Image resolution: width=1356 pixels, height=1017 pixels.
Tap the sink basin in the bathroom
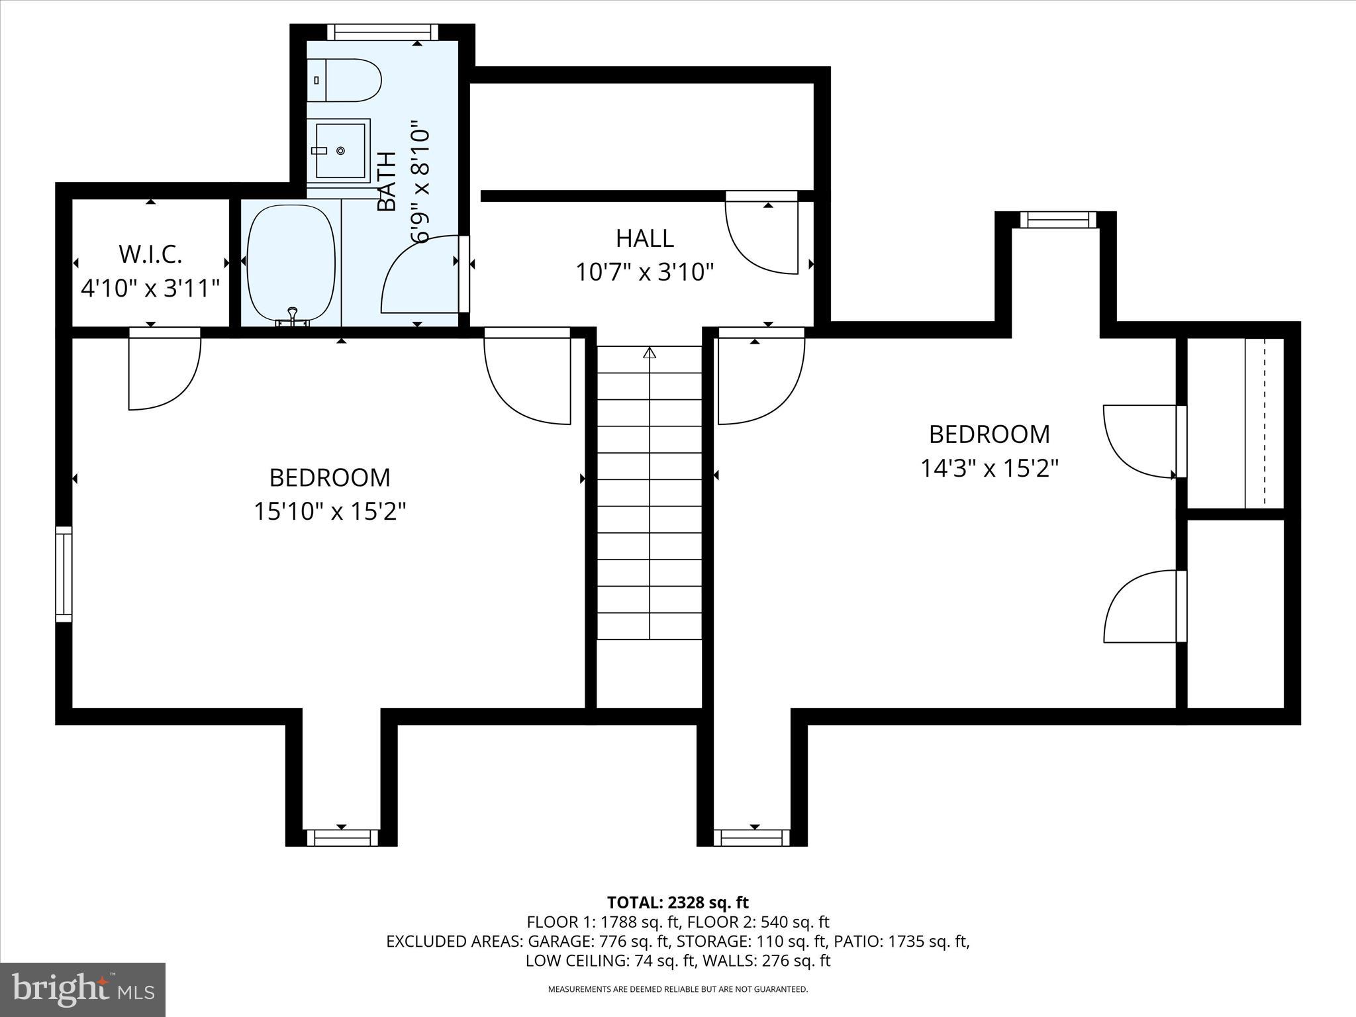pyautogui.click(x=340, y=151)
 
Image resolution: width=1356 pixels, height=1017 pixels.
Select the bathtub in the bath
pyautogui.click(x=291, y=264)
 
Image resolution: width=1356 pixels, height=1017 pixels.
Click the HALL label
pyautogui.click(x=644, y=238)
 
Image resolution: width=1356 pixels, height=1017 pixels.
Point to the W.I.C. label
pyautogui.click(x=150, y=254)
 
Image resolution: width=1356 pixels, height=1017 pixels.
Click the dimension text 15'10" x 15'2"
pyautogui.click(x=329, y=511)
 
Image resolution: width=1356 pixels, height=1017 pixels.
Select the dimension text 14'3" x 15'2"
pyautogui.click(x=989, y=469)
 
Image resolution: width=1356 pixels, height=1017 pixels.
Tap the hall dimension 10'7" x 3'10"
pyautogui.click(x=644, y=272)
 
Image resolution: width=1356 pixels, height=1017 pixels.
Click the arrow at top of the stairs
pyautogui.click(x=650, y=353)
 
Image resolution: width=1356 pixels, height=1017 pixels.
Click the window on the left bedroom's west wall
pyautogui.click(x=64, y=573)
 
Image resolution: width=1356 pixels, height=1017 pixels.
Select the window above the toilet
pyautogui.click(x=383, y=32)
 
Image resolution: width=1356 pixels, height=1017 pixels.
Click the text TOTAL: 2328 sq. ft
pyautogui.click(x=677, y=902)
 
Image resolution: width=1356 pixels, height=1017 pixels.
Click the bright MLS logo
pyautogui.click(x=83, y=989)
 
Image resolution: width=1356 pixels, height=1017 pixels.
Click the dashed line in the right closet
pyautogui.click(x=1265, y=423)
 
